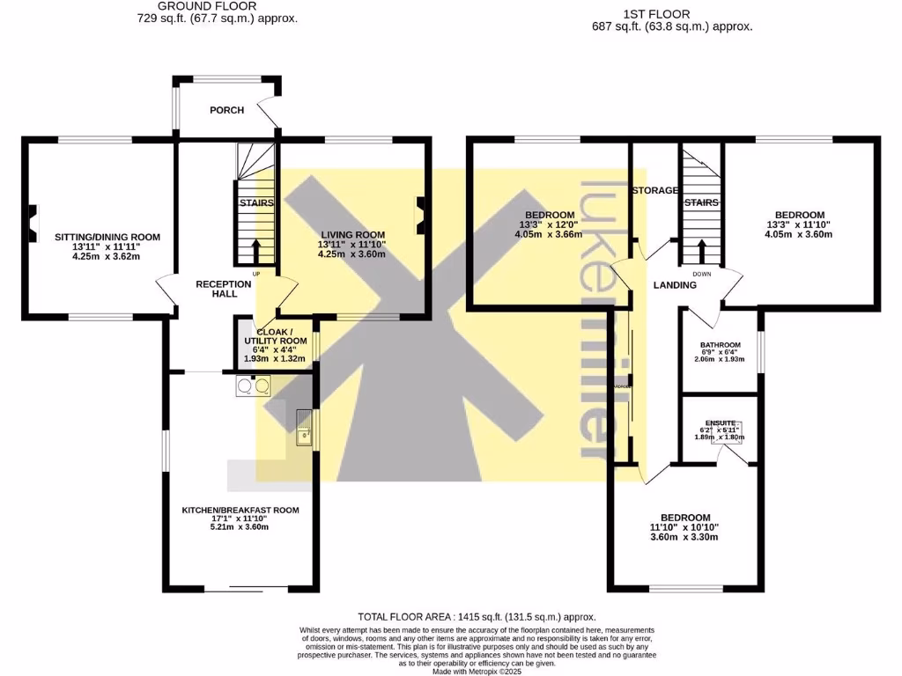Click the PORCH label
pos(226,110)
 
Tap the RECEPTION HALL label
pos(217,289)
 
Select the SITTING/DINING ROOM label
pos(107,237)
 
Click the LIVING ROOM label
pos(351,232)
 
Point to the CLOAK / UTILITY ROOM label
pos(276,335)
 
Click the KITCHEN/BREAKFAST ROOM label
pos(240,510)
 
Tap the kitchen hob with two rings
pos(253,386)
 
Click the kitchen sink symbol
pos(304,428)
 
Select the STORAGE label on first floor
pos(654,190)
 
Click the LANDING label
pos(675,285)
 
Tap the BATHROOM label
pos(720,345)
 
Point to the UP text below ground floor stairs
pos(256,274)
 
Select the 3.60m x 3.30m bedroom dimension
pos(685,536)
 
